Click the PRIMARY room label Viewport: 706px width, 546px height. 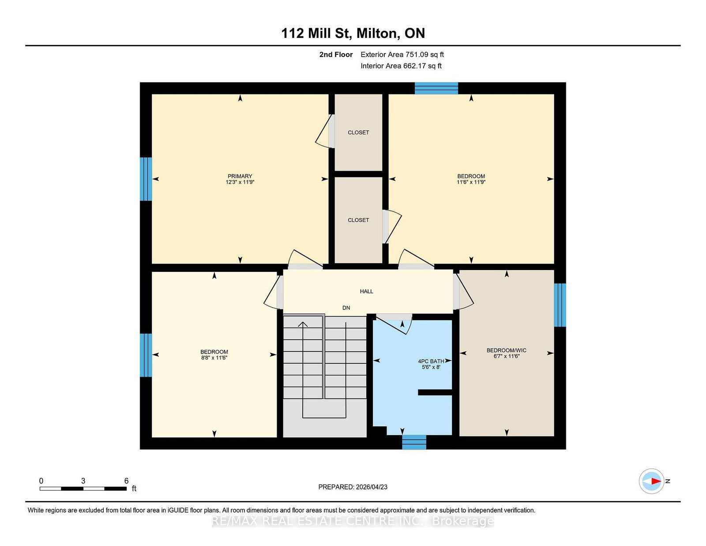click(240, 176)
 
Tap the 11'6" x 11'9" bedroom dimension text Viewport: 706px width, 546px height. click(471, 182)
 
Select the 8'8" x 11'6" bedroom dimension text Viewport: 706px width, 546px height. click(214, 358)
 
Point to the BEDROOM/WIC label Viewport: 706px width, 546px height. click(506, 350)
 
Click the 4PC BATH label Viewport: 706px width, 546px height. click(431, 361)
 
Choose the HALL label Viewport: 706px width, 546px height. click(366, 291)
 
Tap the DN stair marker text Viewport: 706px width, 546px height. click(346, 308)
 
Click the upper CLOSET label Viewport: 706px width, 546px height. click(358, 132)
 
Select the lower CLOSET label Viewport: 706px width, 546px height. click(358, 220)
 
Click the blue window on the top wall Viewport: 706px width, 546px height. click(436, 88)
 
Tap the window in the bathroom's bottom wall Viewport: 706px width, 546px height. click(414, 442)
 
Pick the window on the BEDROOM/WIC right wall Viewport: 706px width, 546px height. click(560, 305)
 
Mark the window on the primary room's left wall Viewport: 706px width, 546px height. click(146, 179)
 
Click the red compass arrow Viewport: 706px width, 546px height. click(656, 481)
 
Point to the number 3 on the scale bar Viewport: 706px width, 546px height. click(83, 481)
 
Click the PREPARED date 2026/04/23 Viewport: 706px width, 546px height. click(372, 487)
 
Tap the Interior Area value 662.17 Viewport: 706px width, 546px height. click(415, 66)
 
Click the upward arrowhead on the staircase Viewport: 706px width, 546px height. click(303, 324)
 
